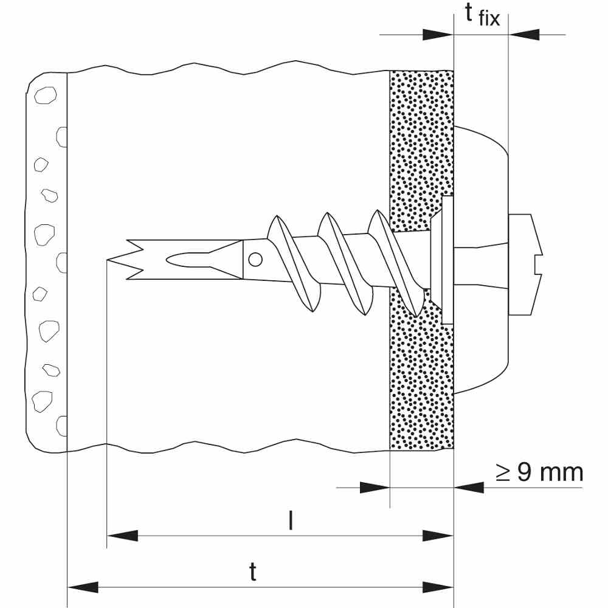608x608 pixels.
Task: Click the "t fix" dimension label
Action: [482, 15]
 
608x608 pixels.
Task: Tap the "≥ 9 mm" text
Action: [539, 472]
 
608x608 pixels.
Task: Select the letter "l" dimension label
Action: [291, 521]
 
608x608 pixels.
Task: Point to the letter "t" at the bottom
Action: [253, 572]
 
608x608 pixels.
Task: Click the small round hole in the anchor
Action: [255, 260]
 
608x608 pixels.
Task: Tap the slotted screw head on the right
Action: [524, 265]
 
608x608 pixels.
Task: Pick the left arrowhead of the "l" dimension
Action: [122, 536]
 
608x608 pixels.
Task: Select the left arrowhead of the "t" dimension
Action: [82, 587]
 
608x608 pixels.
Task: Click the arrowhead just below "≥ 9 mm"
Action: [468, 486]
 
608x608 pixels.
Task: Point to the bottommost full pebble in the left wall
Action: [42, 400]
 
